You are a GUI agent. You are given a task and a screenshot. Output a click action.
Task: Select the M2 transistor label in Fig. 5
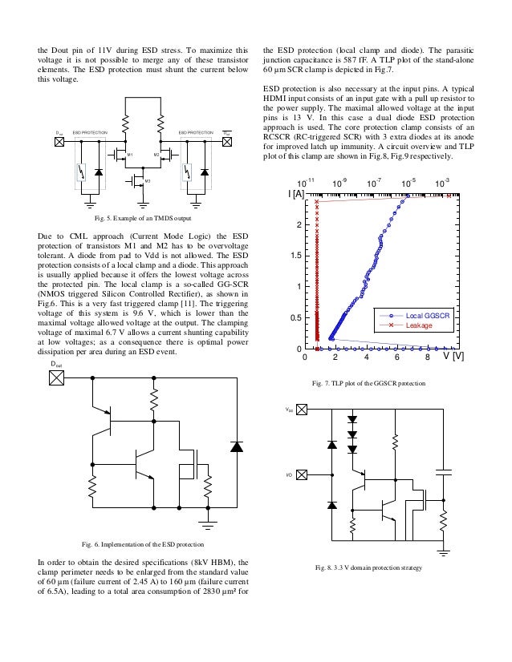[156, 152]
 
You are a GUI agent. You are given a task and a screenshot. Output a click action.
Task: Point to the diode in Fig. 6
[236, 446]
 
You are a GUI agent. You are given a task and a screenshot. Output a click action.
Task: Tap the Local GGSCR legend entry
[423, 317]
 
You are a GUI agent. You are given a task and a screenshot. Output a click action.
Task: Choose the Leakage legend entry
[418, 325]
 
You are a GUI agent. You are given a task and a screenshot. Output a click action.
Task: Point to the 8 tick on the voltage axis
[428, 357]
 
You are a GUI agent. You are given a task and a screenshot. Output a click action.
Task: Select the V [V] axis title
[454, 357]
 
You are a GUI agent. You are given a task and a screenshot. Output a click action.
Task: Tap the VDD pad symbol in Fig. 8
[301, 410]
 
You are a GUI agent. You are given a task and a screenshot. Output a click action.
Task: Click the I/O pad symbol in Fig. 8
[301, 474]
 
